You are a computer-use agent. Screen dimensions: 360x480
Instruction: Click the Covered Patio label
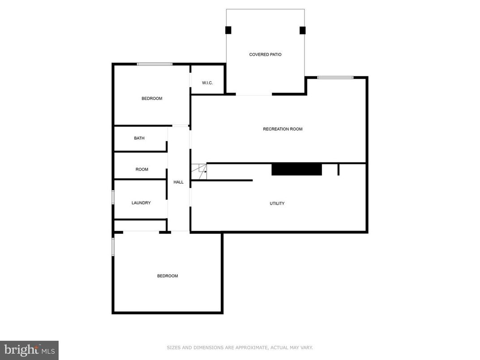(265, 55)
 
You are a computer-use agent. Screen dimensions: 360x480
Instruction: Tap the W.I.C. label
(207, 83)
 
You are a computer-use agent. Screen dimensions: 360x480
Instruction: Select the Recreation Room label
(283, 129)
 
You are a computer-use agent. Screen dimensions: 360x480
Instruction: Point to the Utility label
(277, 203)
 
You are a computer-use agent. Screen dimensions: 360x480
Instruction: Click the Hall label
(178, 182)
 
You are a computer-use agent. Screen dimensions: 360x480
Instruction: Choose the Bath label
(139, 138)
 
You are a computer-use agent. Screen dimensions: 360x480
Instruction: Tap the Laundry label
(141, 203)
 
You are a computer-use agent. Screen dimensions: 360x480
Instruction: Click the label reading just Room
(142, 169)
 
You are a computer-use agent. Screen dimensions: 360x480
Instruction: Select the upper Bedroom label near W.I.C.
(152, 99)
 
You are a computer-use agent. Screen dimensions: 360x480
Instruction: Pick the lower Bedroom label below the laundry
(167, 276)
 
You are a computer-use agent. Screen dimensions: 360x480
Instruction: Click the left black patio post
(228, 30)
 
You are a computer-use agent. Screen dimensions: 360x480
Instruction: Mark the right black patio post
(302, 30)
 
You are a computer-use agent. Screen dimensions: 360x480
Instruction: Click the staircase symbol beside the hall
(199, 169)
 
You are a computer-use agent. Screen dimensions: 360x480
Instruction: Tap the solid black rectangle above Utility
(296, 169)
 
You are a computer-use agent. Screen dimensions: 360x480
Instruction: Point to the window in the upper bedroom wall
(154, 64)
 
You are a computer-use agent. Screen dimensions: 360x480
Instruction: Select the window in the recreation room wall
(335, 77)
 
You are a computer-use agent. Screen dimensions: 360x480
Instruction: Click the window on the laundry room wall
(113, 197)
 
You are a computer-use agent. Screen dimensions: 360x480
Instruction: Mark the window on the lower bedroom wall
(113, 246)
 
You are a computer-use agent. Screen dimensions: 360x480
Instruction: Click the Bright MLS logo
(29, 350)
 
